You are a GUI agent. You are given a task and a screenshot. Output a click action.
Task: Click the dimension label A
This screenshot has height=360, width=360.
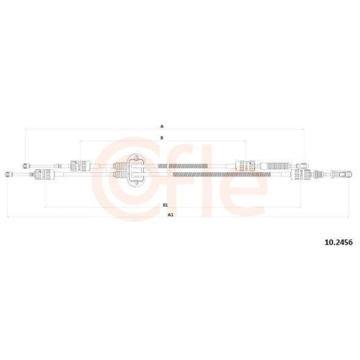coord(162,125)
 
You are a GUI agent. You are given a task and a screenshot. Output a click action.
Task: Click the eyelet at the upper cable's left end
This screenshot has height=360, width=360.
coord(27,165)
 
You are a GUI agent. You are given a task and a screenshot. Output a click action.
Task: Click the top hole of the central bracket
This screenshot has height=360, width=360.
coord(133,157)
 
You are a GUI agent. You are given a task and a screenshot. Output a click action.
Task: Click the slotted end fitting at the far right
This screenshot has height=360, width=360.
coord(344,174)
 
